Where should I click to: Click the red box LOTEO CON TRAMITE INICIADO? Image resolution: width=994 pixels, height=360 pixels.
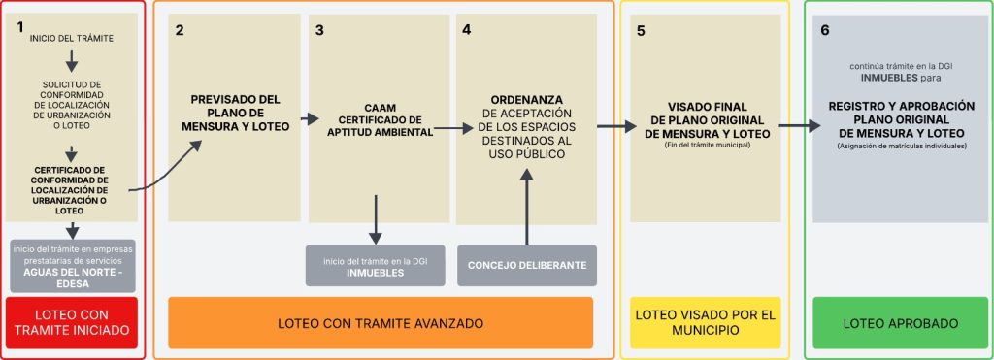pyautogui.click(x=72, y=323)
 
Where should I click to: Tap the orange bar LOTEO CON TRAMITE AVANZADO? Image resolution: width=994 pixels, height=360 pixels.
pyautogui.click(x=381, y=322)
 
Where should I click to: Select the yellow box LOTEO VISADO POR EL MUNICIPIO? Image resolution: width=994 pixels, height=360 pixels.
pyautogui.click(x=705, y=322)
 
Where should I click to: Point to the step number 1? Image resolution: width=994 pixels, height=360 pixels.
pyautogui.click(x=20, y=27)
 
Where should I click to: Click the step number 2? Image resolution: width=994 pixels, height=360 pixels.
pyautogui.click(x=181, y=30)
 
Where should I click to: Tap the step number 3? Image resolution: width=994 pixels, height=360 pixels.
pyautogui.click(x=319, y=30)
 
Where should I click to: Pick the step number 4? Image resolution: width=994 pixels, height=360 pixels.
pyautogui.click(x=467, y=30)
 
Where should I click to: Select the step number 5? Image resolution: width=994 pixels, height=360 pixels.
pyautogui.click(x=641, y=30)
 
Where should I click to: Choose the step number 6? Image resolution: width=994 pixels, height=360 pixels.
pyautogui.click(x=825, y=30)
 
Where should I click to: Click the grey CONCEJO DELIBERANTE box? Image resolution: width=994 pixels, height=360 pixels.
pyautogui.click(x=526, y=265)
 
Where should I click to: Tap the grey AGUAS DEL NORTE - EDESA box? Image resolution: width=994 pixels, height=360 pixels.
pyautogui.click(x=72, y=264)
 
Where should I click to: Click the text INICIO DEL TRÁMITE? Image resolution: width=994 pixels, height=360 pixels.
pyautogui.click(x=72, y=38)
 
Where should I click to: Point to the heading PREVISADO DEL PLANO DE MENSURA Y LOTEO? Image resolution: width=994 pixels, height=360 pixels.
pyautogui.click(x=236, y=112)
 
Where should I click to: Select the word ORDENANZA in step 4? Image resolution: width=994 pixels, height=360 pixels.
pyautogui.click(x=527, y=99)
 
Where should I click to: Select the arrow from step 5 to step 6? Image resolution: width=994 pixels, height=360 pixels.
pyautogui.click(x=799, y=125)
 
